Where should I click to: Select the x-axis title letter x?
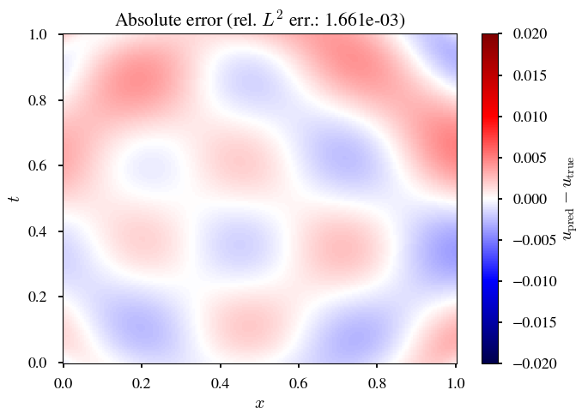click(x=259, y=403)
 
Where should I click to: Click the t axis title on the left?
click(x=14, y=199)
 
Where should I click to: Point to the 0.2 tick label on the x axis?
click(x=142, y=380)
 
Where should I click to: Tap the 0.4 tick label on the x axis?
click(x=221, y=380)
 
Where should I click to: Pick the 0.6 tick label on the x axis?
click(x=299, y=380)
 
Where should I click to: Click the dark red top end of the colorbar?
click(x=490, y=38)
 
